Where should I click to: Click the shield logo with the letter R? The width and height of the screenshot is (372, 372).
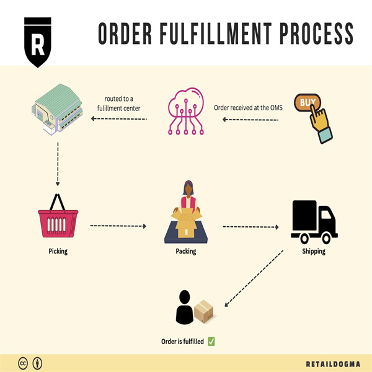pos(38,42)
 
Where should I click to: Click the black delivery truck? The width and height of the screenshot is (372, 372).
pos(314,222)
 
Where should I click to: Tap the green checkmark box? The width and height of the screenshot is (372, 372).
pos(211,341)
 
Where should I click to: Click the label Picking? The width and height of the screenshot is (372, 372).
pos(58,252)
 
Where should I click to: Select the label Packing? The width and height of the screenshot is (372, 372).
pos(186,252)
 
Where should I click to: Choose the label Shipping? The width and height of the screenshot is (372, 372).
pos(313,252)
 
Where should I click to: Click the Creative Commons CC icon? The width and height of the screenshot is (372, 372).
pos(24,363)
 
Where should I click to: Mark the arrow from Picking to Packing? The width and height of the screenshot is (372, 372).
pos(118,226)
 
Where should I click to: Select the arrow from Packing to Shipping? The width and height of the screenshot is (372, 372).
pos(250,227)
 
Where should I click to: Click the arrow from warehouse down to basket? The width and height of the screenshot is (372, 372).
pos(58,164)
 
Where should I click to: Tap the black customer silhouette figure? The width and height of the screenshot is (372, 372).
pos(185,308)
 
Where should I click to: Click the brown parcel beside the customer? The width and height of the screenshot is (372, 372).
pos(204,312)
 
